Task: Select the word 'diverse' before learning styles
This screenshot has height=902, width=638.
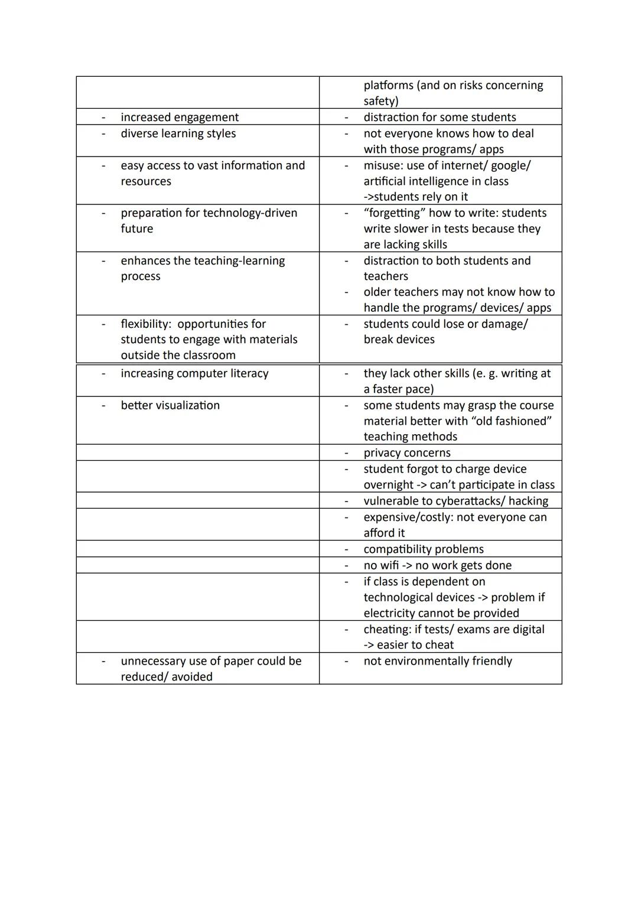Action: click(139, 133)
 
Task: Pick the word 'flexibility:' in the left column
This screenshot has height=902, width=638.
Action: click(146, 324)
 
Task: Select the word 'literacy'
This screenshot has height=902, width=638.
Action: click(244, 373)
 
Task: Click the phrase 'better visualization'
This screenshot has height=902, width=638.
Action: click(170, 405)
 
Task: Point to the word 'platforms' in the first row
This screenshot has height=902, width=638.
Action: click(388, 86)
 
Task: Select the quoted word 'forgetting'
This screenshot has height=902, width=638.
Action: click(394, 213)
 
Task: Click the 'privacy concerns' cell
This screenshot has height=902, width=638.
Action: click(407, 453)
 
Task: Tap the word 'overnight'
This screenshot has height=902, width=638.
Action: click(388, 485)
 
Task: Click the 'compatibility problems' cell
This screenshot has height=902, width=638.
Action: click(424, 549)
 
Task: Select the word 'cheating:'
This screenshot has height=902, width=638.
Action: click(388, 629)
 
